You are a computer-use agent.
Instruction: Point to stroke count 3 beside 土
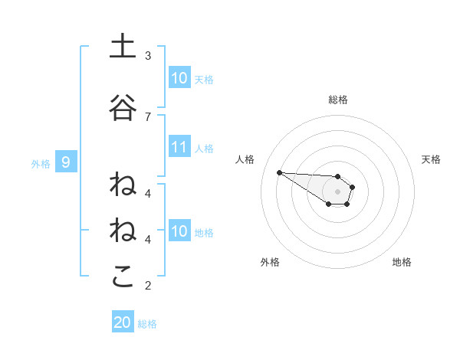pos(148,56)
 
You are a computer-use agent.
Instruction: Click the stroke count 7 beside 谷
pos(148,116)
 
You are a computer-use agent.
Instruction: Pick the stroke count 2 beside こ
pos(148,286)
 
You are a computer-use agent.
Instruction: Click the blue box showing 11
pos(179,148)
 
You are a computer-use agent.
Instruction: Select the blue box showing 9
pos(67,162)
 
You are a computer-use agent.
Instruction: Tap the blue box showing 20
pos(123,322)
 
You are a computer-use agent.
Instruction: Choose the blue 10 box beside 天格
pos(179,78)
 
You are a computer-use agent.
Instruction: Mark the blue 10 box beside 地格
pos(179,231)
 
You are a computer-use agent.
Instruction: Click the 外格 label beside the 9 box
pos(41,163)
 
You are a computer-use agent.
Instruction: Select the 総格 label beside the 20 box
pos(147,324)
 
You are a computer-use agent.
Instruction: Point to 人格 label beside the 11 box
pos(204,149)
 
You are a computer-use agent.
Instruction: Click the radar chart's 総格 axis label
pos(338,100)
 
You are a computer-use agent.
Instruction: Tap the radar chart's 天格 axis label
pos(432,159)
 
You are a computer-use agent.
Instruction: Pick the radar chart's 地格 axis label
pos(402,262)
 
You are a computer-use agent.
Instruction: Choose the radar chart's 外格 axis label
pos(270,262)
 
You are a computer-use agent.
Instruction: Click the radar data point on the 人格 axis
pos(279,172)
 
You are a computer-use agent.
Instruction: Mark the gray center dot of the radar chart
pos(338,191)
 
